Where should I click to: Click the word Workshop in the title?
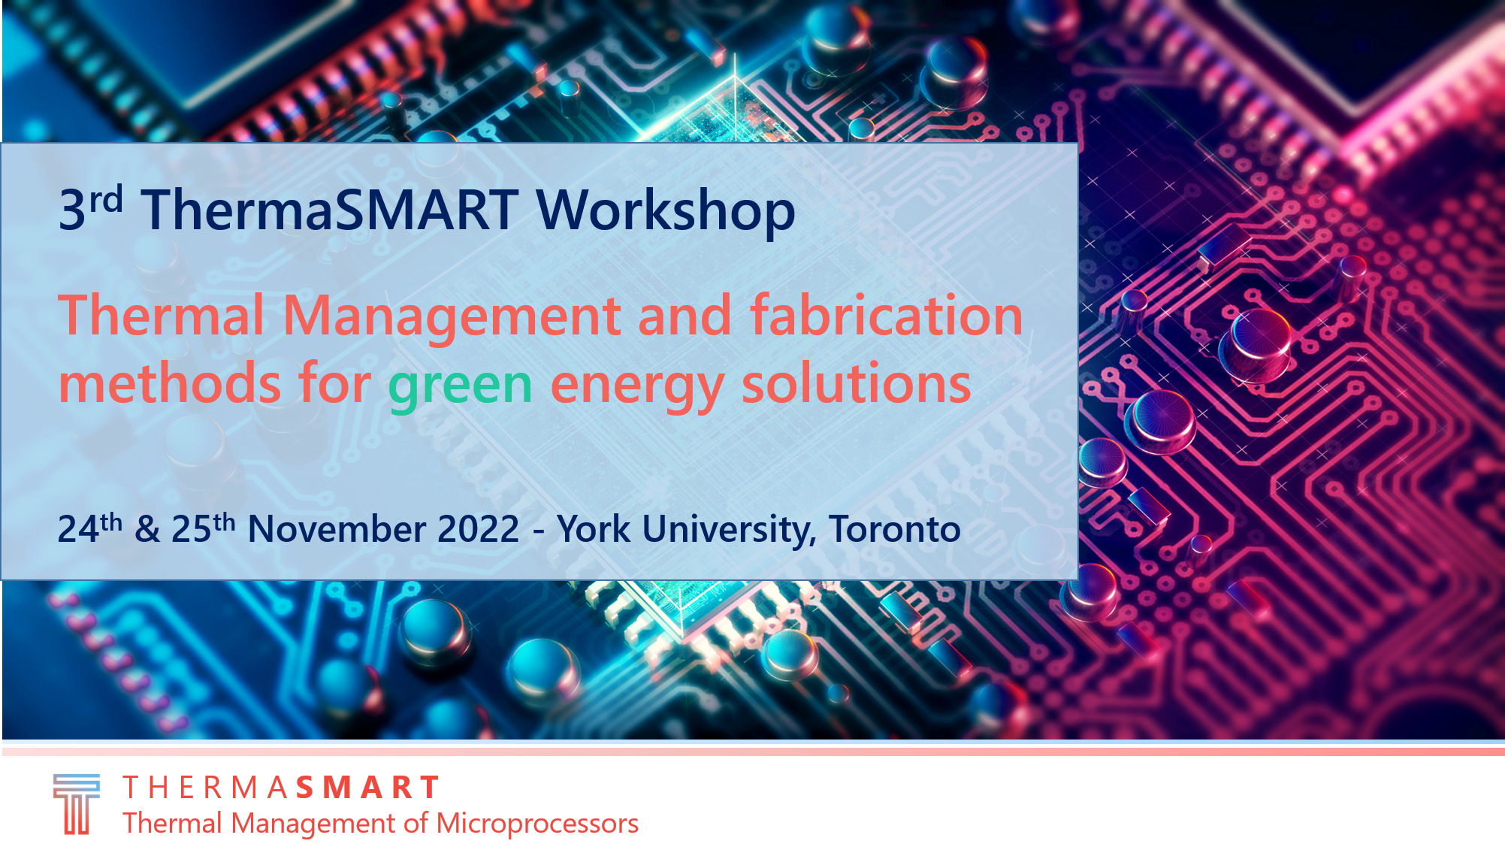(x=666, y=210)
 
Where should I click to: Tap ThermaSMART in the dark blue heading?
(x=330, y=210)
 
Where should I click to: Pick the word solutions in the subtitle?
(x=857, y=383)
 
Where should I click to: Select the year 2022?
(x=479, y=529)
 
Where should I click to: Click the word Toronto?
(x=895, y=529)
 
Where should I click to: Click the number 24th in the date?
(x=89, y=528)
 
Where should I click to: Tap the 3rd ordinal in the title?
(x=90, y=208)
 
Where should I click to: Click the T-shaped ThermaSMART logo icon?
(x=76, y=804)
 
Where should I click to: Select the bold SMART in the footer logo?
(x=367, y=788)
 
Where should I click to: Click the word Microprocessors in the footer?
(x=537, y=824)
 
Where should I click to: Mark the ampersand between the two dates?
(x=147, y=529)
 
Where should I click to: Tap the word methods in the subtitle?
(x=170, y=383)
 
